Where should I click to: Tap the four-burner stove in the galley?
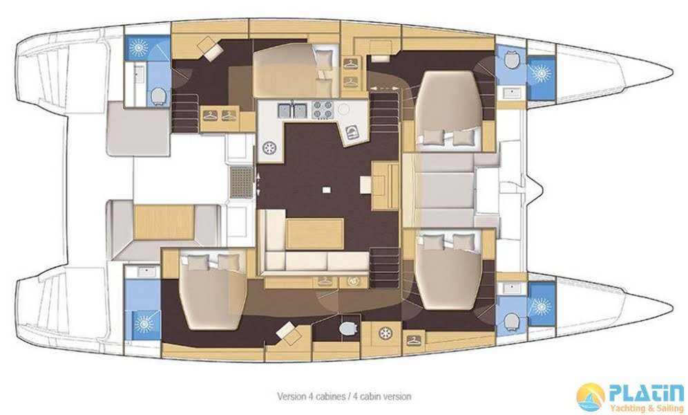point(323,109)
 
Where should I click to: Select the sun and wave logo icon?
point(591,397)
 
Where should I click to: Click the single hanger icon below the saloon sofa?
point(324,281)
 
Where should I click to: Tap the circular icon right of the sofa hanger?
point(352,281)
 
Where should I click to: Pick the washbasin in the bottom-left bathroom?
point(143,270)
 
